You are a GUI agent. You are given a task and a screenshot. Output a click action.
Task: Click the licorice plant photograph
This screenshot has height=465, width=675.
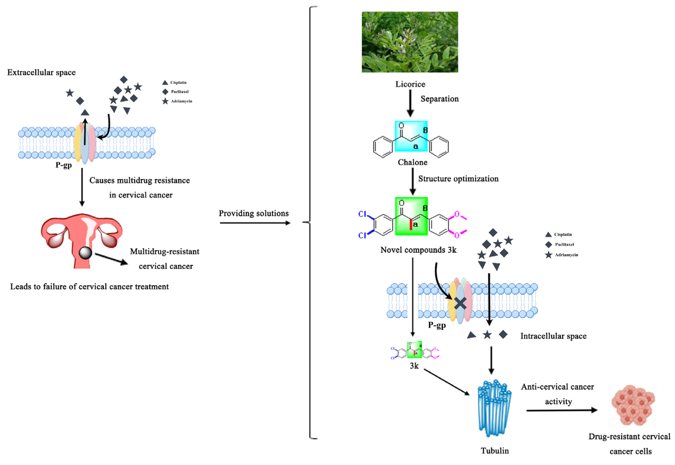tap(410, 42)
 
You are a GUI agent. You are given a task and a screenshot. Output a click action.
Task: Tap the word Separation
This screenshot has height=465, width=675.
tap(439, 99)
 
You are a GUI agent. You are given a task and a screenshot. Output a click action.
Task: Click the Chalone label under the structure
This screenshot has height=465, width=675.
tap(412, 162)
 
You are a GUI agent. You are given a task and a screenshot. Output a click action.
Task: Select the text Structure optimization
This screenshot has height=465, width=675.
tap(458, 179)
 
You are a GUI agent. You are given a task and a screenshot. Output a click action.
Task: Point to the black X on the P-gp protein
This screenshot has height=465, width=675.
tap(460, 303)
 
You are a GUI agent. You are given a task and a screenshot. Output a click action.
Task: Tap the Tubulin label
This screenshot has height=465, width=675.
tap(495, 451)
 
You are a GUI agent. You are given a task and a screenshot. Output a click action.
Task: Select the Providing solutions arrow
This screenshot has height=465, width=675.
tap(255, 223)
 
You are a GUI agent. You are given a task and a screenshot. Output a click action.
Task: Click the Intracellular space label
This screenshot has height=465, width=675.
tap(553, 336)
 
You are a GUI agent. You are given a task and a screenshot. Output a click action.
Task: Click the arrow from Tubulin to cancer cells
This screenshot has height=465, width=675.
tap(562, 410)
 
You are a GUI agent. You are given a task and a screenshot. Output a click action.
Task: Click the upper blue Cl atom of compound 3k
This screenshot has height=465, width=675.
tap(362, 214)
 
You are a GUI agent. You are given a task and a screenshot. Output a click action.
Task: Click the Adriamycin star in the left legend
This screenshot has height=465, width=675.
tap(165, 101)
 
